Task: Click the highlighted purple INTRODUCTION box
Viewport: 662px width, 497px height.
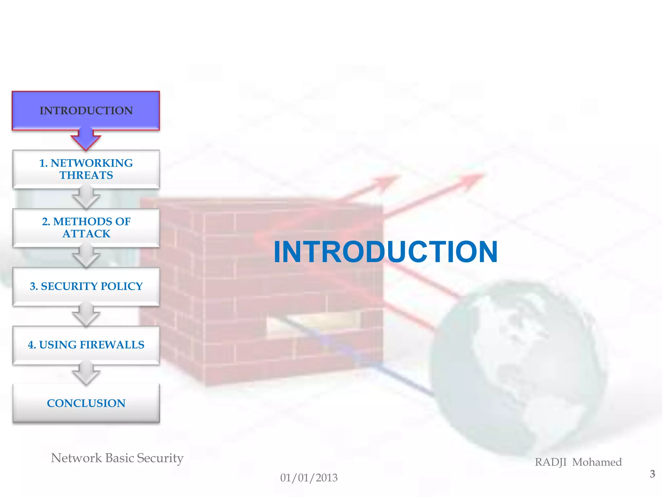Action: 86,111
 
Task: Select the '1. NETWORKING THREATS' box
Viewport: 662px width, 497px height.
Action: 86,169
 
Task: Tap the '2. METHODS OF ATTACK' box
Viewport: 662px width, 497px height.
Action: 86,227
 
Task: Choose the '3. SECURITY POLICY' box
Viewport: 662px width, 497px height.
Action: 86,286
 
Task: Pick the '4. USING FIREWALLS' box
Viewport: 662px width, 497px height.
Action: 86,345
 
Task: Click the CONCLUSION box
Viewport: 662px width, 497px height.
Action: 86,403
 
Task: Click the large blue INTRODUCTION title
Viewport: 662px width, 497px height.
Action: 385,252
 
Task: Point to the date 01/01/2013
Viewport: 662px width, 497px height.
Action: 309,478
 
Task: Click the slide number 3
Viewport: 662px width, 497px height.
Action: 652,474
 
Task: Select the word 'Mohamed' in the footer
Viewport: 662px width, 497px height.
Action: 597,462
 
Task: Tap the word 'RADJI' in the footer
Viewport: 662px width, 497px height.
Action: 550,462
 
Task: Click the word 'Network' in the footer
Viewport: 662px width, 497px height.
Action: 76,458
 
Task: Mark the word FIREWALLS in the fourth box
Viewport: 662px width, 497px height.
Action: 112,345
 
